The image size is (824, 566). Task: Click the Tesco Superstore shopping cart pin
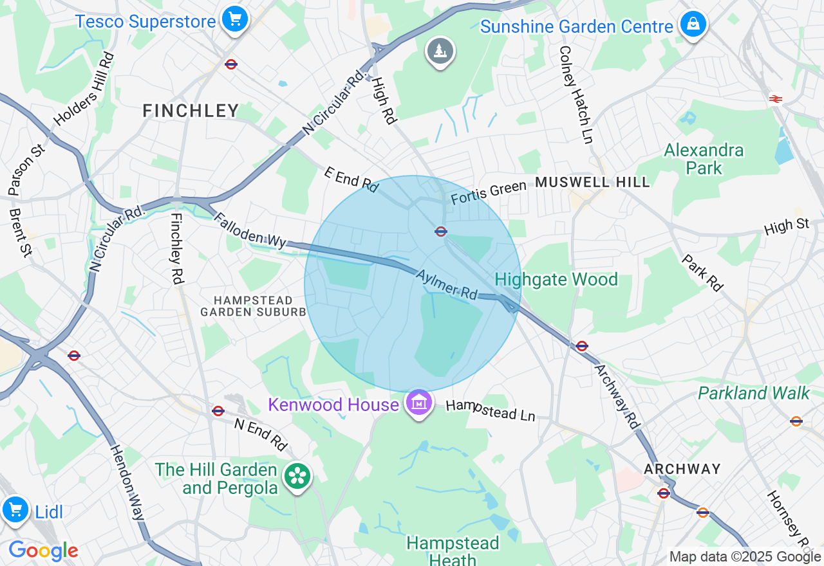pos(234,19)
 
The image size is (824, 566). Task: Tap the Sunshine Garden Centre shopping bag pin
pos(693,24)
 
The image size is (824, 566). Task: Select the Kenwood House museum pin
pos(419,404)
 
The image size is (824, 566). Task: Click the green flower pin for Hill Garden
pos(297,477)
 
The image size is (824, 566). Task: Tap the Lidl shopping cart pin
pos(15,510)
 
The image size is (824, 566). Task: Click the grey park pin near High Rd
pos(440,51)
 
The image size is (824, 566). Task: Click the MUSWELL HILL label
pos(592,182)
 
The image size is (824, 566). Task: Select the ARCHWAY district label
pos(682,469)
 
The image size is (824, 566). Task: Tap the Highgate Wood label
pos(556,280)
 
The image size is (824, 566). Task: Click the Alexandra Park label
pos(704,159)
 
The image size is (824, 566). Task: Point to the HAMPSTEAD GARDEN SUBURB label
pos(253,306)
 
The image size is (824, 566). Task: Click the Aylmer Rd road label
pos(447,284)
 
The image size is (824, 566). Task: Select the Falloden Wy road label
pos(250,231)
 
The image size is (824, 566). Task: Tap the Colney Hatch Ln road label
pos(575,94)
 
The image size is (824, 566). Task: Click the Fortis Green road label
pos(489,192)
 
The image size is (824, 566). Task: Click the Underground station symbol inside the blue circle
pos(441,232)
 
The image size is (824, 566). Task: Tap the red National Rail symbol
pos(775,98)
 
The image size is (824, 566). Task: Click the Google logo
pos(43,551)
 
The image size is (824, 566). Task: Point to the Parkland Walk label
pos(753,393)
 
